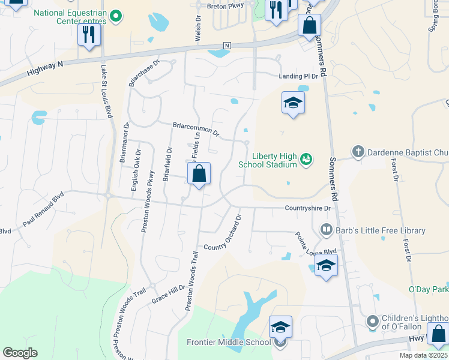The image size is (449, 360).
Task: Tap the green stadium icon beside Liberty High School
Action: tap(306, 159)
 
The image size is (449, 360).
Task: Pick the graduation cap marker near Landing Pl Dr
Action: tap(293, 103)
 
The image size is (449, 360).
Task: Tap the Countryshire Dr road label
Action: tap(308, 208)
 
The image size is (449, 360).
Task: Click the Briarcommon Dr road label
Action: tap(196, 128)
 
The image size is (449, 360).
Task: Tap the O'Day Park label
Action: tap(429, 290)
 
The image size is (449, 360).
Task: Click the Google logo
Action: tap(20, 353)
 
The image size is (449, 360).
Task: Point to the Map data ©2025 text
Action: tap(423, 355)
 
